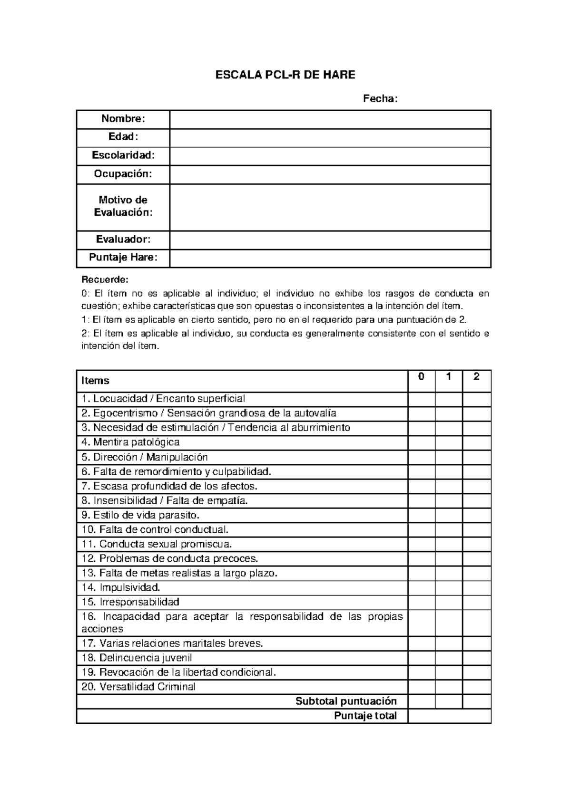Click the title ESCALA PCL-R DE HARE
pyautogui.click(x=285, y=75)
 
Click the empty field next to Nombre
pyautogui.click(x=330, y=119)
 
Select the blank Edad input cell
pyautogui.click(x=330, y=138)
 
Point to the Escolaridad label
pyautogui.click(x=123, y=155)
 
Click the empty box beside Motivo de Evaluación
pyautogui.click(x=330, y=207)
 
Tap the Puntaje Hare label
pyautogui.click(x=123, y=258)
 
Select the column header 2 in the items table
pyautogui.click(x=476, y=377)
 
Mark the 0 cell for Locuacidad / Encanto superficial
pyautogui.click(x=421, y=399)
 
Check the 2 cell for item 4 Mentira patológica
pyautogui.click(x=476, y=443)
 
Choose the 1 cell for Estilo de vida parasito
pyautogui.click(x=448, y=516)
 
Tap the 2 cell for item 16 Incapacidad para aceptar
pyautogui.click(x=476, y=623)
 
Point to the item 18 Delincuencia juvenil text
pyautogui.click(x=137, y=658)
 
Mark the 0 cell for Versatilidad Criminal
pyautogui.click(x=421, y=687)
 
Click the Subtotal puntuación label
pyautogui.click(x=346, y=701)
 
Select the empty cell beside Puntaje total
pyautogui.click(x=449, y=716)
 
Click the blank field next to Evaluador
pyautogui.click(x=330, y=240)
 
